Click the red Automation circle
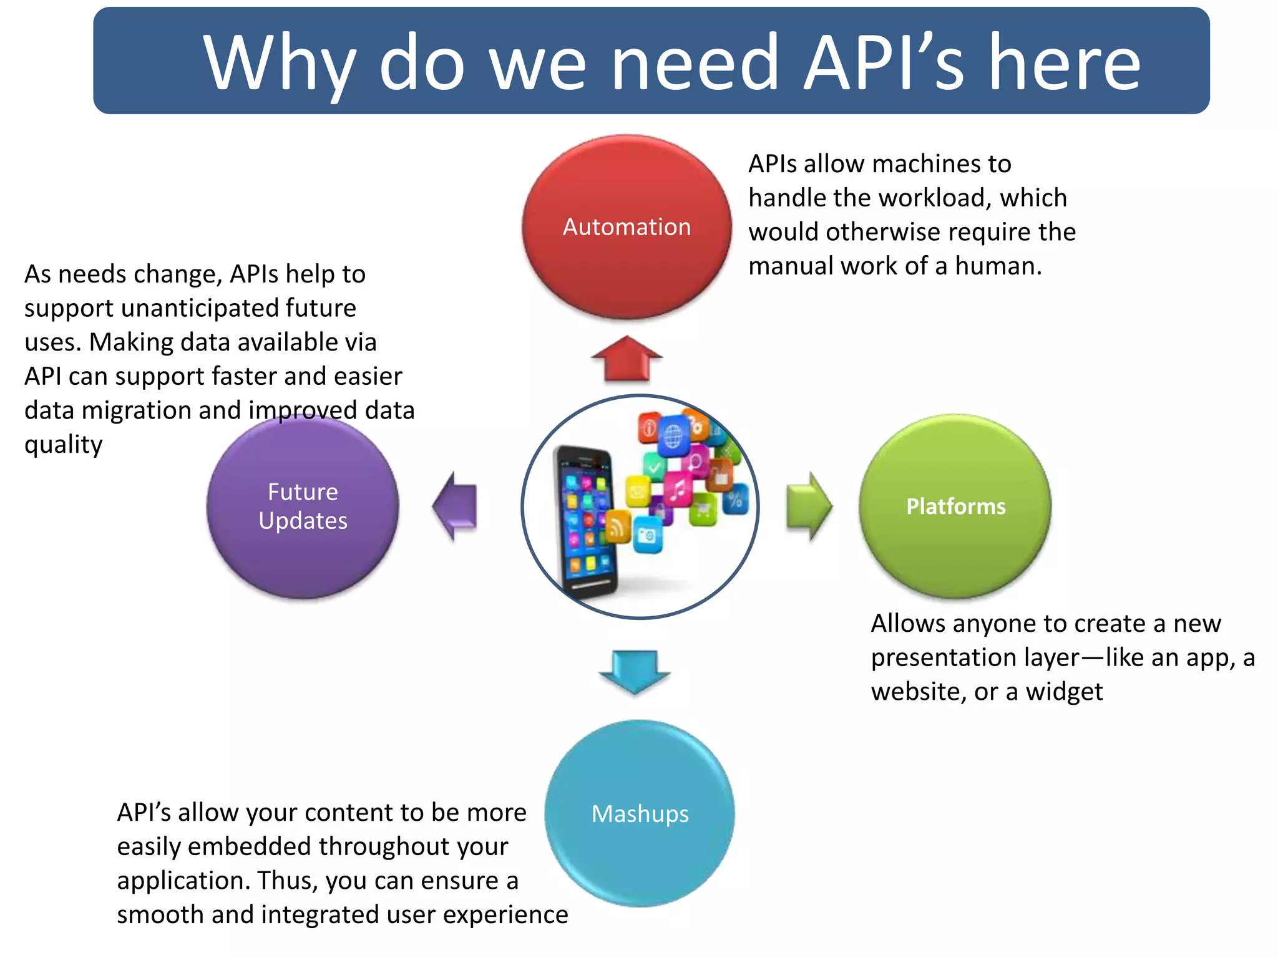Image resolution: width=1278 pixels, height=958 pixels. tap(627, 227)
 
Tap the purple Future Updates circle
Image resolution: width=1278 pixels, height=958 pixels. tap(303, 506)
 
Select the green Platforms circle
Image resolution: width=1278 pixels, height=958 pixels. tap(955, 506)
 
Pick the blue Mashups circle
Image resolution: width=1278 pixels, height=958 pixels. tap(640, 813)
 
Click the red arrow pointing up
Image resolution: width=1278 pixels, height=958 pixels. tap(627, 359)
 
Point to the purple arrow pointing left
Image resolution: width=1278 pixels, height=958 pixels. tap(456, 506)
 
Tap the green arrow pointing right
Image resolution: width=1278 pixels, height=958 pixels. tap(809, 506)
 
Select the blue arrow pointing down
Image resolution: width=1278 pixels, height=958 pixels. tap(635, 671)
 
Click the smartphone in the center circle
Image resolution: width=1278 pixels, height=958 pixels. tap(585, 521)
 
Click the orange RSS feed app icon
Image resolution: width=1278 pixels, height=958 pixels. tap(618, 527)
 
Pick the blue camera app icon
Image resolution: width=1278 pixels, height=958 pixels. tap(648, 536)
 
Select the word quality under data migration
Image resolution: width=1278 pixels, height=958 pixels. tap(63, 445)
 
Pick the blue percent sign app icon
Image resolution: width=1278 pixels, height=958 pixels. tap(735, 499)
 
